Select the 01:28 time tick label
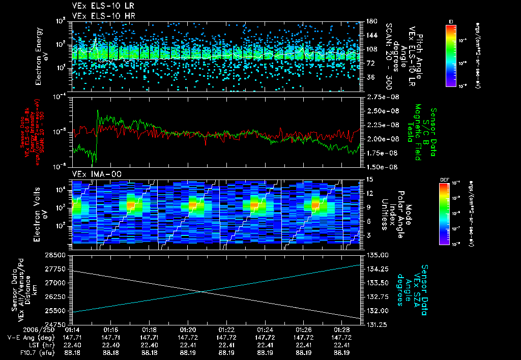pyautogui.click(x=341, y=329)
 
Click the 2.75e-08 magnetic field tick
pyautogui.click(x=377, y=97)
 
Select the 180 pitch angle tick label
pyautogui.click(x=370, y=21)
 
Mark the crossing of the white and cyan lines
pyautogui.click(x=202, y=291)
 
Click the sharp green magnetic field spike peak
pyautogui.click(x=98, y=110)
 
